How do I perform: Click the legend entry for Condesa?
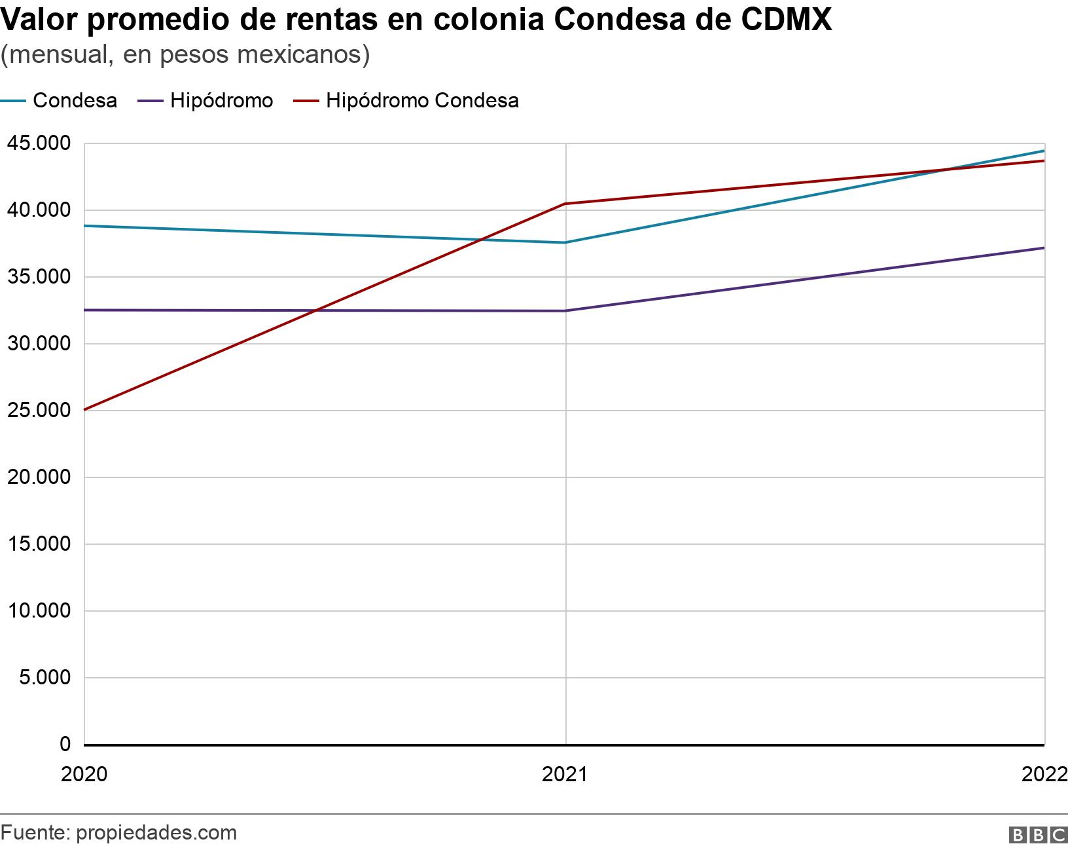click(75, 101)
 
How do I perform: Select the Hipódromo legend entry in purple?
click(221, 101)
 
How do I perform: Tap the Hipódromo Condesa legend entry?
click(422, 101)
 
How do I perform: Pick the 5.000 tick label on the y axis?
click(44, 677)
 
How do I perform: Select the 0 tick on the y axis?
click(65, 744)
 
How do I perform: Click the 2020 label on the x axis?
click(84, 775)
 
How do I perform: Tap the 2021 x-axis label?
click(565, 775)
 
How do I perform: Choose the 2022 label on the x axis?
click(1044, 775)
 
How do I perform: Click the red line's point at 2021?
click(565, 204)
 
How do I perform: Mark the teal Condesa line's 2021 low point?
click(565, 242)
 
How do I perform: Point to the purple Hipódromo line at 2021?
click(565, 310)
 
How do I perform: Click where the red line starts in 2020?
click(85, 410)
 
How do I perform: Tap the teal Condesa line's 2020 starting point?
click(85, 226)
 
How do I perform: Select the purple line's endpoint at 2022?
click(1044, 248)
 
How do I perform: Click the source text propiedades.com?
click(156, 833)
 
